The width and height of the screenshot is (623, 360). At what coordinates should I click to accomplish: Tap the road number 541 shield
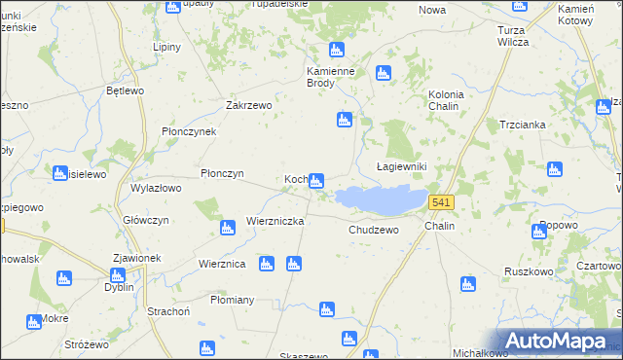[441, 201]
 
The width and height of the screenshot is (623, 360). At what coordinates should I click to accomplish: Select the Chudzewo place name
[374, 231]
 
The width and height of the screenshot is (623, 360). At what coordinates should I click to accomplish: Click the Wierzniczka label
[275, 221]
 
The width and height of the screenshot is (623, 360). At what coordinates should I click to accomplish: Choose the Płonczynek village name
[196, 131]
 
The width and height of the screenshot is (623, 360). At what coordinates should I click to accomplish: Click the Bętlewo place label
[125, 90]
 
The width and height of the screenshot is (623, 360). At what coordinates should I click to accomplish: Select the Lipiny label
[169, 46]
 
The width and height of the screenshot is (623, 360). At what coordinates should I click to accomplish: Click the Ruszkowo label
[529, 271]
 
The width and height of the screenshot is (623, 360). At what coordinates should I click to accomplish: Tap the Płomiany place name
[232, 300]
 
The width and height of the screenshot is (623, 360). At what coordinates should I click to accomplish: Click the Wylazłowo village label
[157, 188]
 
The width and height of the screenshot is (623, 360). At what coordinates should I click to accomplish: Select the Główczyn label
[147, 220]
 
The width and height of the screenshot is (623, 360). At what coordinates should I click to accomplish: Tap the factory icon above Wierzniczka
[228, 229]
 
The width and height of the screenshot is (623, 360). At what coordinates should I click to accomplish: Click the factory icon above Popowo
[540, 232]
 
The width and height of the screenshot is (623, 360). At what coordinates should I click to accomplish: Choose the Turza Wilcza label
[511, 36]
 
